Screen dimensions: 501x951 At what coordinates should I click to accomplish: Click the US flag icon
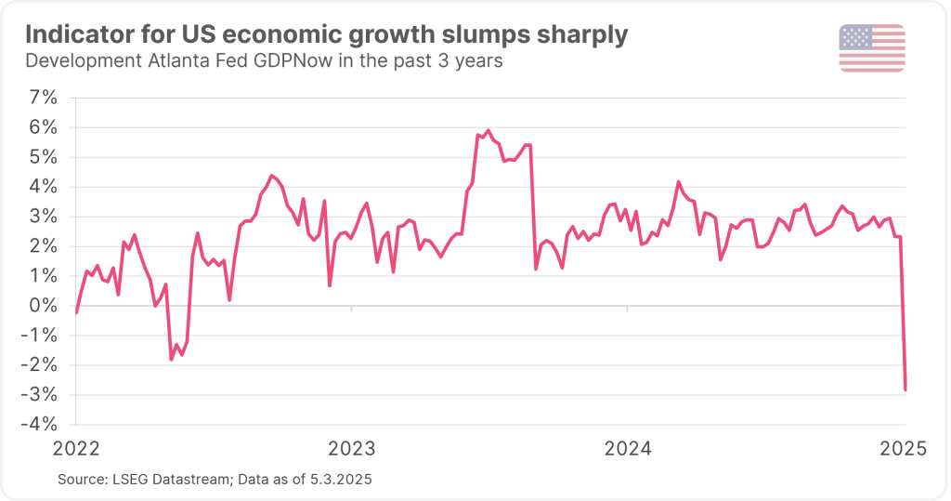click(871, 48)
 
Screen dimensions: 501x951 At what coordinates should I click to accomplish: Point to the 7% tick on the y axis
click(43, 97)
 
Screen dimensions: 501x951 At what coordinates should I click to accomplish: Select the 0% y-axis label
click(43, 306)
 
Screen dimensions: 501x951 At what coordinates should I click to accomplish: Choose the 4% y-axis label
click(43, 186)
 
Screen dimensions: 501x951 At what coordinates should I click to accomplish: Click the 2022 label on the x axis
click(75, 449)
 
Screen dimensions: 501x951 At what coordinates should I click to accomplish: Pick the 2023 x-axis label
click(351, 449)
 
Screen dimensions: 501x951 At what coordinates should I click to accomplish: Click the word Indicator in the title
click(80, 36)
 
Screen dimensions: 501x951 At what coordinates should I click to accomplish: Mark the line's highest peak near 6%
click(489, 131)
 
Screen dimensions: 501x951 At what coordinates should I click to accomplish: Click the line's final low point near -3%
click(905, 389)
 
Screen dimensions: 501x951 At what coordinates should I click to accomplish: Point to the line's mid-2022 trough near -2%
click(172, 359)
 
